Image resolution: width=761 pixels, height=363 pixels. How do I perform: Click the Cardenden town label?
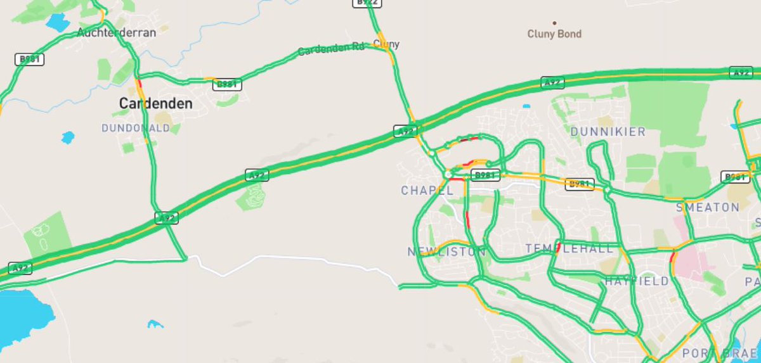coord(155,103)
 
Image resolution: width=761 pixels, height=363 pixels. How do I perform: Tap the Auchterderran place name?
coord(116,32)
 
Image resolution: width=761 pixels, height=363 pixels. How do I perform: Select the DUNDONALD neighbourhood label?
coord(136,128)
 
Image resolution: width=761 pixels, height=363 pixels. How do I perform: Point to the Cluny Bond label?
coord(554,34)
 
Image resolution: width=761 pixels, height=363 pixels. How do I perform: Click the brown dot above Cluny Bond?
coord(555,23)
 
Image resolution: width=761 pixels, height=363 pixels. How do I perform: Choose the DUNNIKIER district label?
coord(608,132)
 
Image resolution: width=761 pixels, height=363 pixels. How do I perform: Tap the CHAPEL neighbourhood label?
coord(427,191)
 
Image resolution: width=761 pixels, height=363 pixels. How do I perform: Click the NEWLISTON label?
coord(446,252)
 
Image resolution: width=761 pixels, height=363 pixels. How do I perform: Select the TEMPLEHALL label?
coord(569,249)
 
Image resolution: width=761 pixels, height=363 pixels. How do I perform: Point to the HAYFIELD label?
coord(637,281)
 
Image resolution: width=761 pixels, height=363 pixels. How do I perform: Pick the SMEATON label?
coord(708,207)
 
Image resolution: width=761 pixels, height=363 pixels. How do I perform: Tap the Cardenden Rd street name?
coord(332,49)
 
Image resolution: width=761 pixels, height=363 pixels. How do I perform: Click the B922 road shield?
coord(367,3)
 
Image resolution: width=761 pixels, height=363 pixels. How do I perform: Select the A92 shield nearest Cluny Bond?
coord(552,82)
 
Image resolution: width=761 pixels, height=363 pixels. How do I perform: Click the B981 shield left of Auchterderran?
coord(29,60)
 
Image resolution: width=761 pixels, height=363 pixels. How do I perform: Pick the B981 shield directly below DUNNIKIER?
coord(580,184)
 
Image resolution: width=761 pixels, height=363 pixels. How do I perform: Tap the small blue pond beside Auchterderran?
coord(58,23)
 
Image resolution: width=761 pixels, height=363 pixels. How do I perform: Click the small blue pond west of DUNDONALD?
coord(67,137)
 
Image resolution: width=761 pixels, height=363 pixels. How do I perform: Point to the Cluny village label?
coord(386,44)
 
